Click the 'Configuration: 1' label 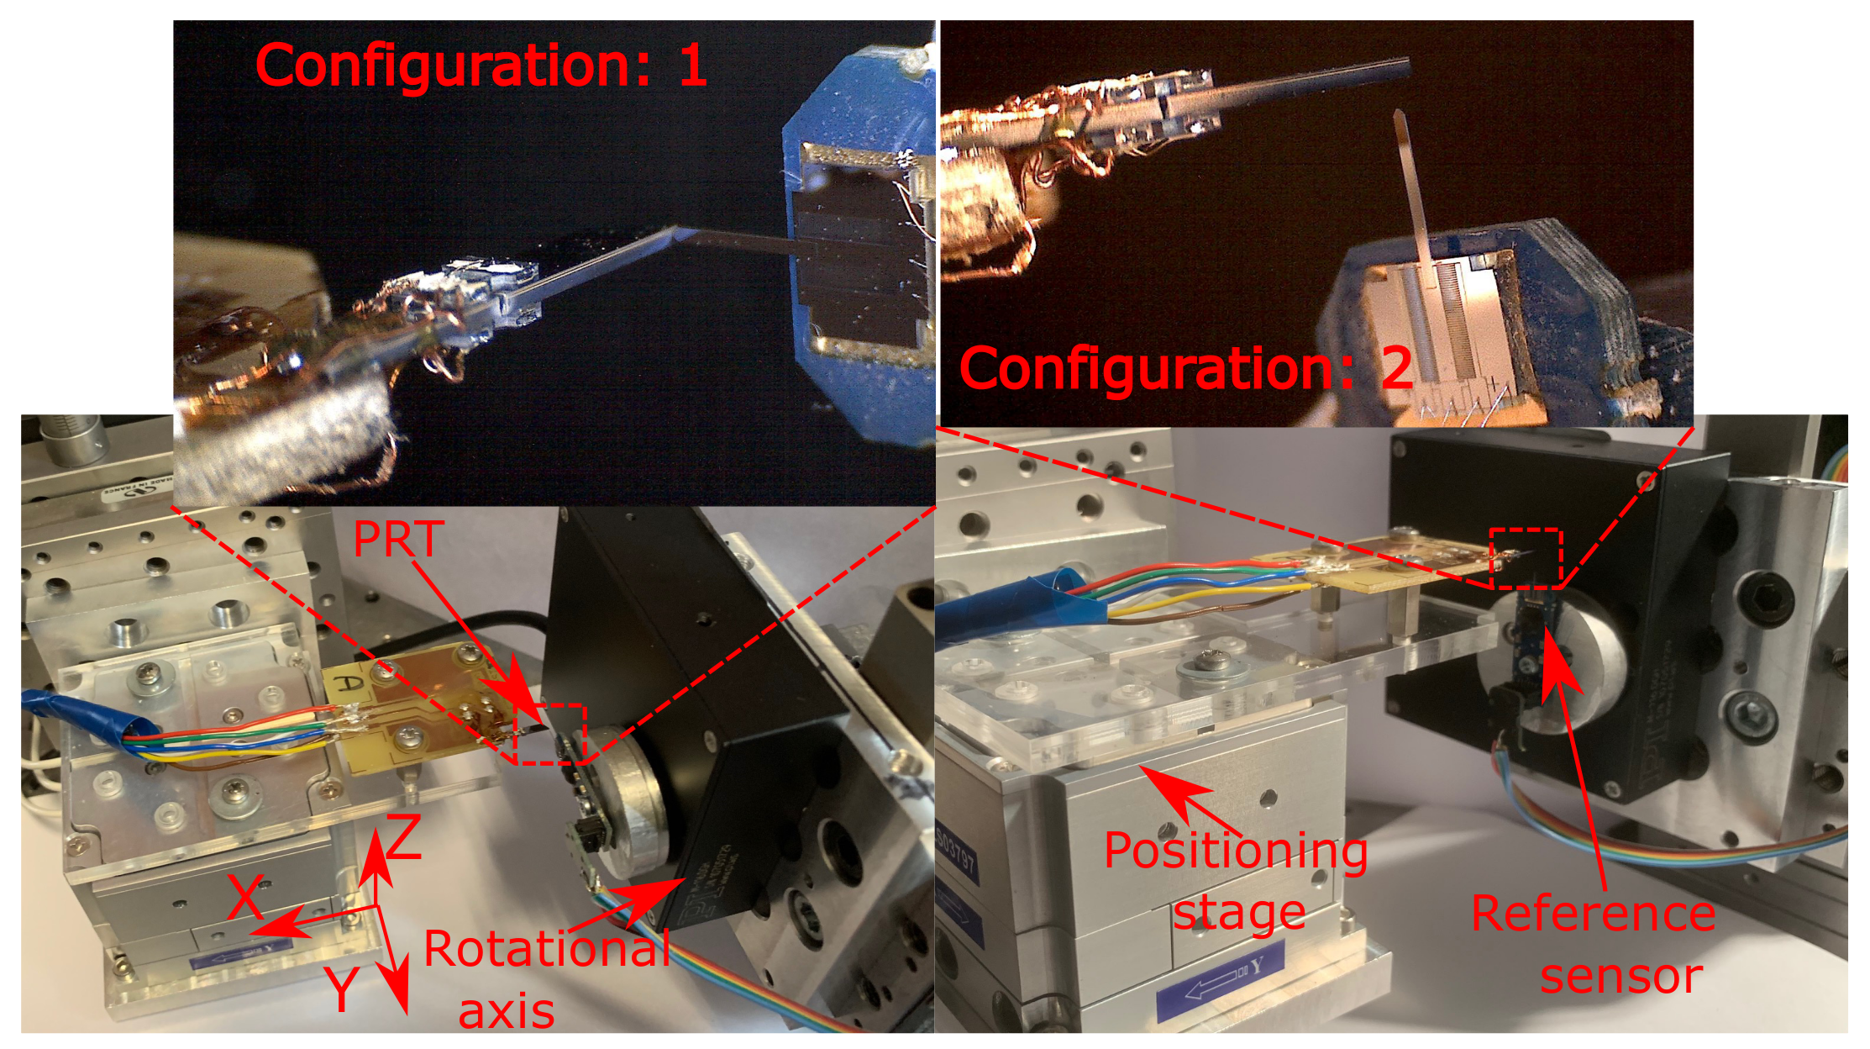point(481,66)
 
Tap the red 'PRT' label point(398,539)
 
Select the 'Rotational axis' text point(547,979)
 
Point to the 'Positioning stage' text point(1236,881)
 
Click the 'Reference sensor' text point(1594,944)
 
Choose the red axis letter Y point(343,988)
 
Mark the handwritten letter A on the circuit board point(349,683)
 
